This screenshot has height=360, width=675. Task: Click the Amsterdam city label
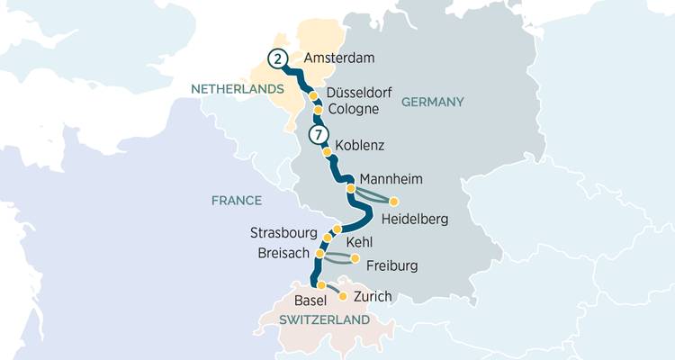pyautogui.click(x=339, y=58)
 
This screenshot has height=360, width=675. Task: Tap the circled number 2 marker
pyautogui.click(x=277, y=60)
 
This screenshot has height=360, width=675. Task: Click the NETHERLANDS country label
pyautogui.click(x=236, y=88)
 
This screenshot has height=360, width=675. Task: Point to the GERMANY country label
pyautogui.click(x=432, y=102)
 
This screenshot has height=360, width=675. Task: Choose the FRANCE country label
pyautogui.click(x=237, y=201)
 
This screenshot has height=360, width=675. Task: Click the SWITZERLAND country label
pyautogui.click(x=324, y=320)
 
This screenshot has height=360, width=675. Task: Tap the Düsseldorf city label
pyautogui.click(x=361, y=93)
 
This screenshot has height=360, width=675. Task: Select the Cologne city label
pyautogui.click(x=354, y=110)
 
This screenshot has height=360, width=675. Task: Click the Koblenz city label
pyautogui.click(x=359, y=145)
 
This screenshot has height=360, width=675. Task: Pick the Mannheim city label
pyautogui.click(x=391, y=178)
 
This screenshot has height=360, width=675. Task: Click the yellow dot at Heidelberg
pyautogui.click(x=393, y=201)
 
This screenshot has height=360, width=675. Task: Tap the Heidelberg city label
pyautogui.click(x=414, y=219)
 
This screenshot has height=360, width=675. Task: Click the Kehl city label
pyautogui.click(x=358, y=242)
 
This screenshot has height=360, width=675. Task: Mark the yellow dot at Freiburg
pyautogui.click(x=355, y=259)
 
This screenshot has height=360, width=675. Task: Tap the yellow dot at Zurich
pyautogui.click(x=342, y=294)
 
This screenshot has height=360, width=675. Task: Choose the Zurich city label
pyautogui.click(x=373, y=295)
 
